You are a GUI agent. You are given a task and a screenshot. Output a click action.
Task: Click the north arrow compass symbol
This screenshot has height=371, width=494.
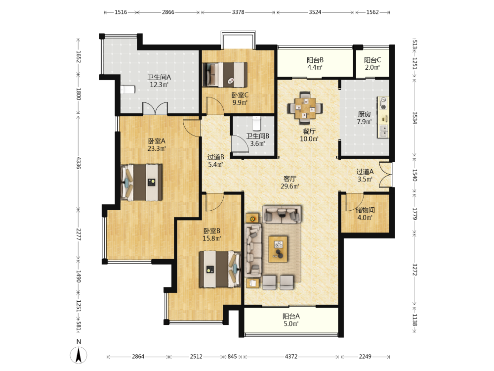click(79, 355)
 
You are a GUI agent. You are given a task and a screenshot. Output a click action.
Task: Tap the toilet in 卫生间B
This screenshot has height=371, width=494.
click(257, 123)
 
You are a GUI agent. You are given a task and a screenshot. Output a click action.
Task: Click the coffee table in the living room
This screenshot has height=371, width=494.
click(278, 249)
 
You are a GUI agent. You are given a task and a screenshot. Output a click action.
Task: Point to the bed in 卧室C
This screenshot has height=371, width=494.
click(225, 75)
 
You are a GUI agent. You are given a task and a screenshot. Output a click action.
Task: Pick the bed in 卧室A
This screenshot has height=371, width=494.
click(141, 182)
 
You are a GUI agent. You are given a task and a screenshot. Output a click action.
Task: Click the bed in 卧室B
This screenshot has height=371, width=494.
click(220, 269)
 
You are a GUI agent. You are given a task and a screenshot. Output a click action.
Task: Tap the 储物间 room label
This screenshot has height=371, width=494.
click(365, 210)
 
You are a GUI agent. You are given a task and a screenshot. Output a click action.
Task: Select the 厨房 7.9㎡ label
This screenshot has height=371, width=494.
click(364, 118)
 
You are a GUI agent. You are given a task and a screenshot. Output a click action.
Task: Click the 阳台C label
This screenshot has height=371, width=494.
click(372, 60)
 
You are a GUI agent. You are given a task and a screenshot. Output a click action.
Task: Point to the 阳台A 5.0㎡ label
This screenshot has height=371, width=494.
click(291, 320)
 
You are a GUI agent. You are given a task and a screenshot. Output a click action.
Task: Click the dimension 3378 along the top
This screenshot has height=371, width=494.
click(238, 12)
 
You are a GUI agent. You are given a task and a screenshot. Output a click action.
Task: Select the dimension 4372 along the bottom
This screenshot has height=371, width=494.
click(291, 357)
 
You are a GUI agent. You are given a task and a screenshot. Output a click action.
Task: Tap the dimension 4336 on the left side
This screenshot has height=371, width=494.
click(79, 163)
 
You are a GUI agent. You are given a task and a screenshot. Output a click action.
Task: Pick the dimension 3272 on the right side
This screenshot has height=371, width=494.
click(414, 270)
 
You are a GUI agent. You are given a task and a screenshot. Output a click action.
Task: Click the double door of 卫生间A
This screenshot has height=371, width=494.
click(155, 108)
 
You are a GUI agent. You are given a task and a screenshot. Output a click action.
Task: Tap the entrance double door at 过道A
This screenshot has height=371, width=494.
click(386, 175)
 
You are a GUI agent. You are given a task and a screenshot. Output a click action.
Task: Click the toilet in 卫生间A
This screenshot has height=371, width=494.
click(128, 90)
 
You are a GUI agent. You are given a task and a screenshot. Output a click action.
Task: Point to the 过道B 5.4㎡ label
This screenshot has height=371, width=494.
click(216, 161)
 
